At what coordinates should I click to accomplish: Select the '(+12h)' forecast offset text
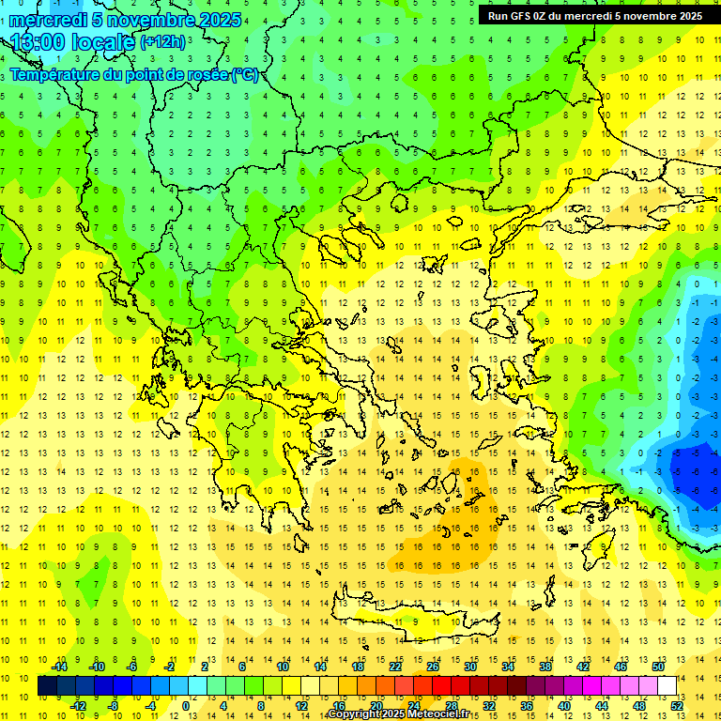[162, 42]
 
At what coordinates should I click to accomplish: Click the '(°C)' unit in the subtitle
[245, 75]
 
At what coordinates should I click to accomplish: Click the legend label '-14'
[60, 667]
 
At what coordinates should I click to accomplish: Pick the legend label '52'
[677, 706]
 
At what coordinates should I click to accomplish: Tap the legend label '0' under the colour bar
[185, 706]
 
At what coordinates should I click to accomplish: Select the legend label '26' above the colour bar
[433, 667]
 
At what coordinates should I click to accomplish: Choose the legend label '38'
[545, 667]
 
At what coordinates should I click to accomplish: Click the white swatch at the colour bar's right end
[667, 686]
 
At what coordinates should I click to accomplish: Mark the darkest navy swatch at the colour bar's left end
[47, 686]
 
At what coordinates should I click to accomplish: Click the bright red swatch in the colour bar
[441, 686]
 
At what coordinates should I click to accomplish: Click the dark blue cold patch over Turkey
[695, 469]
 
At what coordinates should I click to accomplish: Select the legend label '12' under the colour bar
[302, 706]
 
